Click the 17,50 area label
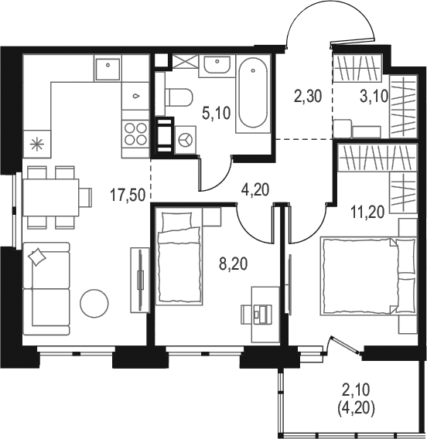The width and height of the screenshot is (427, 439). pyautogui.click(x=128, y=195)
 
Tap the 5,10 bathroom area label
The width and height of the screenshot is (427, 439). pyautogui.click(x=217, y=114)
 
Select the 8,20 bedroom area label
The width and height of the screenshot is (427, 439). pyautogui.click(x=234, y=264)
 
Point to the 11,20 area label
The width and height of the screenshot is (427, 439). pyautogui.click(x=367, y=212)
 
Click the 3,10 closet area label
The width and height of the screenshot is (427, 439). pyautogui.click(x=374, y=97)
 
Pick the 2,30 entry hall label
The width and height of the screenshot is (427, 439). pyautogui.click(x=308, y=97)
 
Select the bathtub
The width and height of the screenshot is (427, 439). pyautogui.click(x=253, y=94)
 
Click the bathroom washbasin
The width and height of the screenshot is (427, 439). pyautogui.click(x=217, y=64)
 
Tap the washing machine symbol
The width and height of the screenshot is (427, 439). pyautogui.click(x=185, y=139)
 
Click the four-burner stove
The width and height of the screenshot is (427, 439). pyautogui.click(x=135, y=134)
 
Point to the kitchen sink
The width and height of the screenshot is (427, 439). pyautogui.click(x=108, y=67)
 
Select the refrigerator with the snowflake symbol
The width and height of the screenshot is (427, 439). pyautogui.click(x=37, y=145)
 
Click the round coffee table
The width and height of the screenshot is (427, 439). pyautogui.click(x=94, y=304)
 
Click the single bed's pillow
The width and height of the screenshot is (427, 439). pyautogui.click(x=177, y=221)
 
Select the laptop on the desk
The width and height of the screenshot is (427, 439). pyautogui.click(x=262, y=314)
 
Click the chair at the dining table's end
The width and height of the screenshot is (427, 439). pyautogui.click(x=85, y=197)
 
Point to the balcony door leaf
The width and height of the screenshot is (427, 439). pyautogui.click(x=345, y=345)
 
